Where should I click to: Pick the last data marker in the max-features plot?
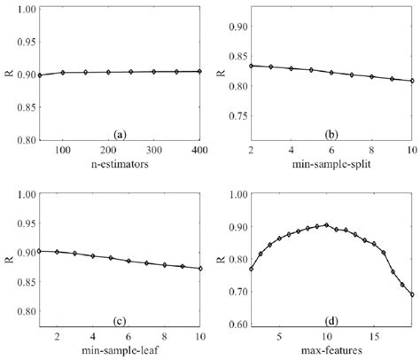pyautogui.click(x=411, y=294)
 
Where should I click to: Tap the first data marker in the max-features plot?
pyautogui.click(x=252, y=269)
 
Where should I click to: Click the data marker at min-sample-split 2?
pyautogui.click(x=252, y=66)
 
